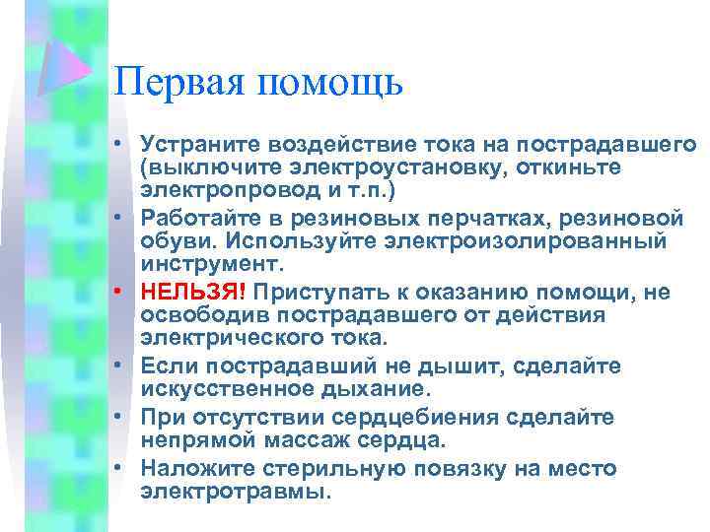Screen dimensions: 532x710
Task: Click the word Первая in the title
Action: point(175,81)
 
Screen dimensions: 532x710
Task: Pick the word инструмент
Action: point(210,263)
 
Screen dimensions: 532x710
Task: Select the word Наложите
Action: point(192,467)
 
